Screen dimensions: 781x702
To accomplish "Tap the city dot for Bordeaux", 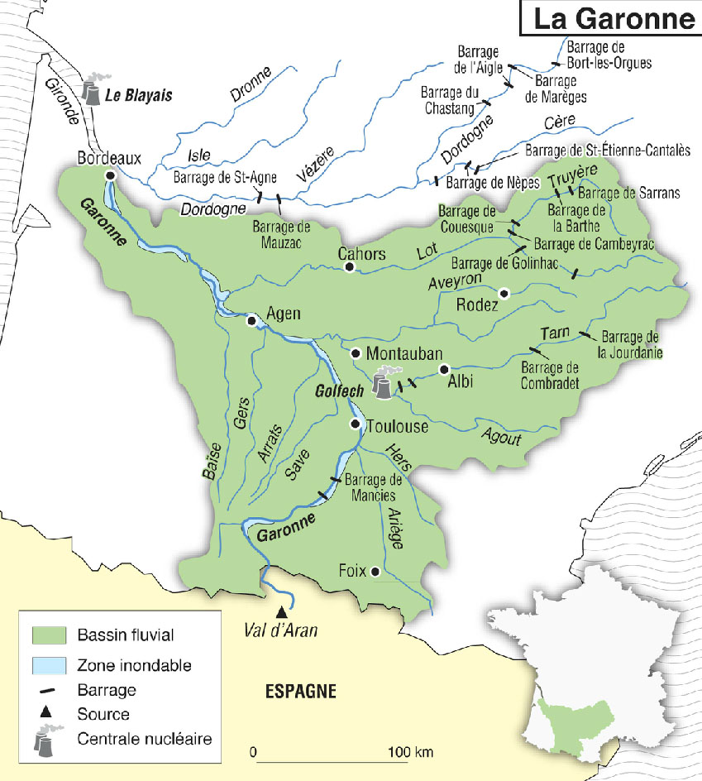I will [x=110, y=175].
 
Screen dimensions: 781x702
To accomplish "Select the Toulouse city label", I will [x=397, y=426].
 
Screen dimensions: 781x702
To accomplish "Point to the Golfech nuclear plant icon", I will [x=381, y=386].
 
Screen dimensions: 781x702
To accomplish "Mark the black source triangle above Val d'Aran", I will [x=282, y=612].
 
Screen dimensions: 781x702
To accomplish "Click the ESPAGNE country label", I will [x=300, y=691].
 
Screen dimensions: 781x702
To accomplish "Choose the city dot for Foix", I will [x=375, y=571].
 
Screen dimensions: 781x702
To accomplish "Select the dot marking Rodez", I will [x=504, y=292].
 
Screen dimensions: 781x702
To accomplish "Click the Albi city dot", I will [x=444, y=369].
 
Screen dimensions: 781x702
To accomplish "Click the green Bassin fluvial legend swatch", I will [x=48, y=635].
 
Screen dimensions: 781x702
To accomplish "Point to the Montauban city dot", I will [x=355, y=353].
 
